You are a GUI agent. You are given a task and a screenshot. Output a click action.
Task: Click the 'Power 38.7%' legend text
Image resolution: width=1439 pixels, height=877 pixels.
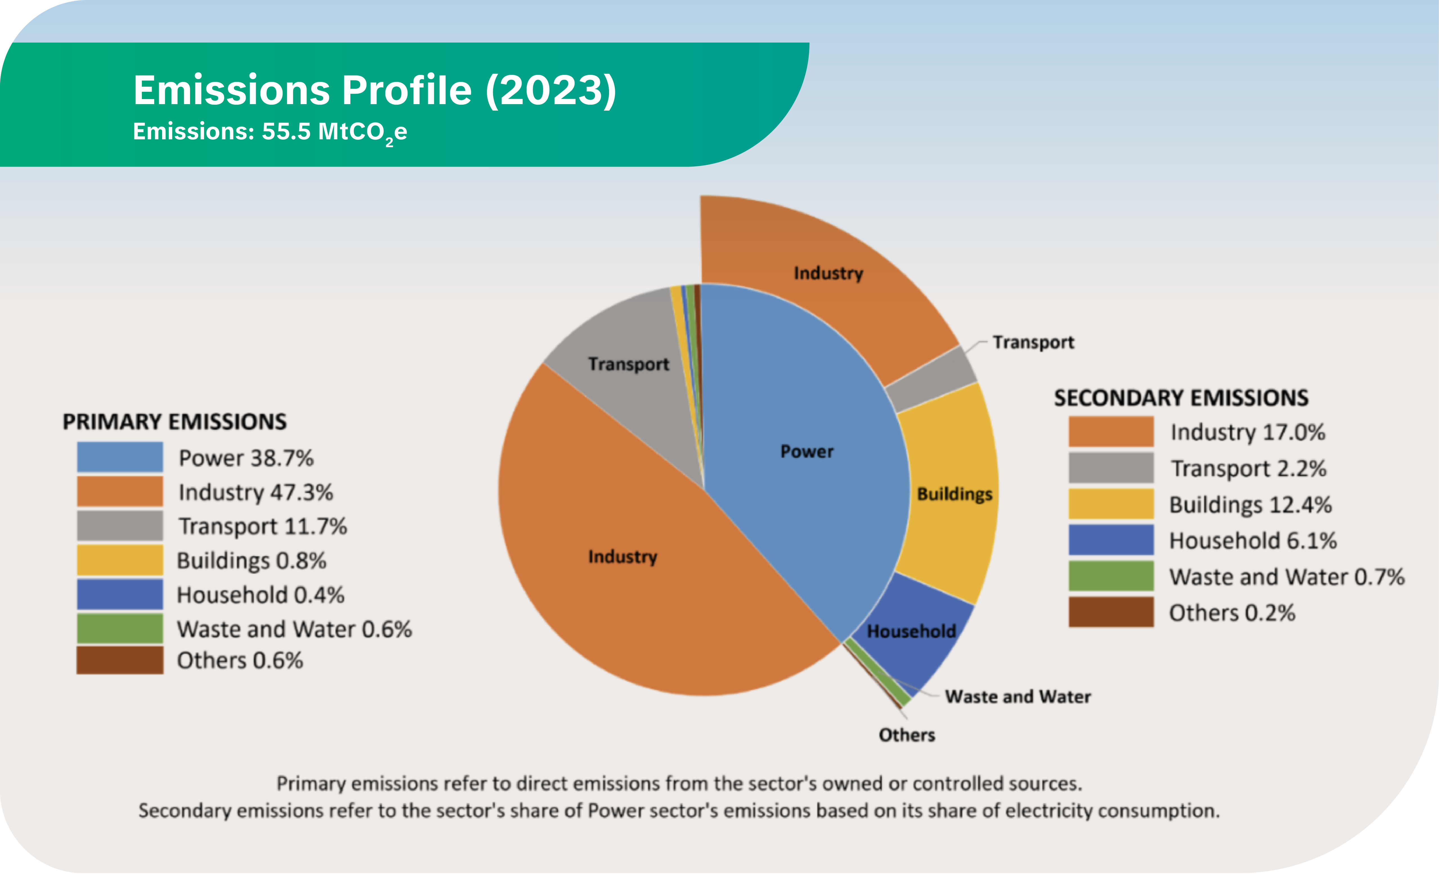(x=246, y=458)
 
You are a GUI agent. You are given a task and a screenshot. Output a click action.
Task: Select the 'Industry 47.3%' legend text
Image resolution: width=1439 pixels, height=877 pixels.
(x=255, y=492)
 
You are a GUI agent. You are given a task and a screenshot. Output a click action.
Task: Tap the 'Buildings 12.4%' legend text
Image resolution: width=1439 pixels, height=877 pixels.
(x=1250, y=504)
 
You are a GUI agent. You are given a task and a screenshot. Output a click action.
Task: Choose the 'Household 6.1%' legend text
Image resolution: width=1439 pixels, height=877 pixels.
(x=1253, y=541)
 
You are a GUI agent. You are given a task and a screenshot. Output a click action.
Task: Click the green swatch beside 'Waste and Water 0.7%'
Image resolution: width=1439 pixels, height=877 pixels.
(x=1111, y=576)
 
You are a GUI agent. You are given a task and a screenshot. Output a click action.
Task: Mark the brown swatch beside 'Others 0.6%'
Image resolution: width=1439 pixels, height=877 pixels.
(x=120, y=660)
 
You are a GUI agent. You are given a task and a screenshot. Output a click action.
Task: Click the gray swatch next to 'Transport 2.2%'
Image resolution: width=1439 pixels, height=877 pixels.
(x=1111, y=468)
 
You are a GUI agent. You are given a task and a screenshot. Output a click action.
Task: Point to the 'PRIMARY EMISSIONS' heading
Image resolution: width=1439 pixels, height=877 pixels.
(x=174, y=422)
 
